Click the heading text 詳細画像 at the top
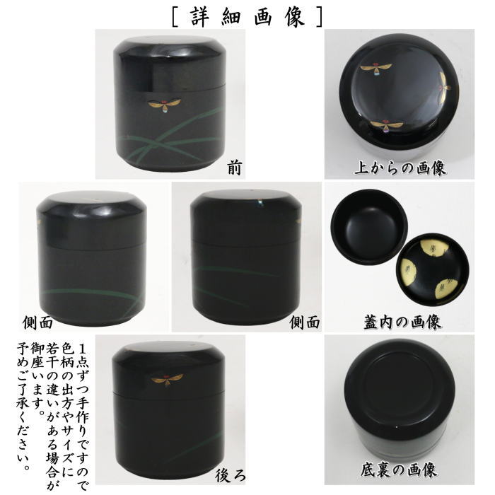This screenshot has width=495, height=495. (248, 16)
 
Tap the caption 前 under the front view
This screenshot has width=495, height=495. (235, 167)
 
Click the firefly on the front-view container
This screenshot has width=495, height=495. (165, 105)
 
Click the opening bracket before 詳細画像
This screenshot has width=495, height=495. (174, 16)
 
